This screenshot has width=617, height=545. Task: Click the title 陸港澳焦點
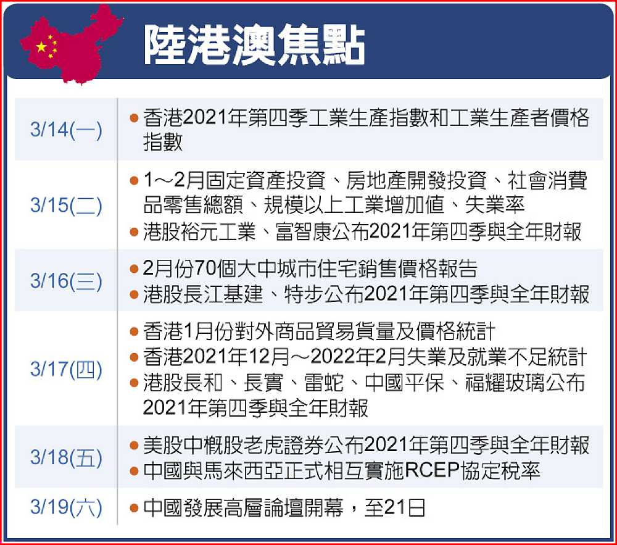click(254, 45)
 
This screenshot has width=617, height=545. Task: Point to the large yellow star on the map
click(41, 47)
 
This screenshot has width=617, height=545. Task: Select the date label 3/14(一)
click(66, 130)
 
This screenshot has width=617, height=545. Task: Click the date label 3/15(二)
click(66, 205)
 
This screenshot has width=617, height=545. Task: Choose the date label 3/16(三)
click(66, 281)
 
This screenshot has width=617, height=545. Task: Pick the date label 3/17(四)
click(66, 368)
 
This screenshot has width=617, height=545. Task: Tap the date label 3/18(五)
click(66, 457)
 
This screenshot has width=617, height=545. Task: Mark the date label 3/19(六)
click(66, 507)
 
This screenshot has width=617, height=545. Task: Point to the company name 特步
click(304, 294)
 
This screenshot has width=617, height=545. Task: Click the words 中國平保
click(405, 382)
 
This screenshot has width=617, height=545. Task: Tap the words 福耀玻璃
click(505, 382)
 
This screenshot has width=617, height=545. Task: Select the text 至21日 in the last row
click(395, 507)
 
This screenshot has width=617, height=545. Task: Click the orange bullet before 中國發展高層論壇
click(134, 507)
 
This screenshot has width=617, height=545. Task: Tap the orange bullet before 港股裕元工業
click(134, 232)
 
